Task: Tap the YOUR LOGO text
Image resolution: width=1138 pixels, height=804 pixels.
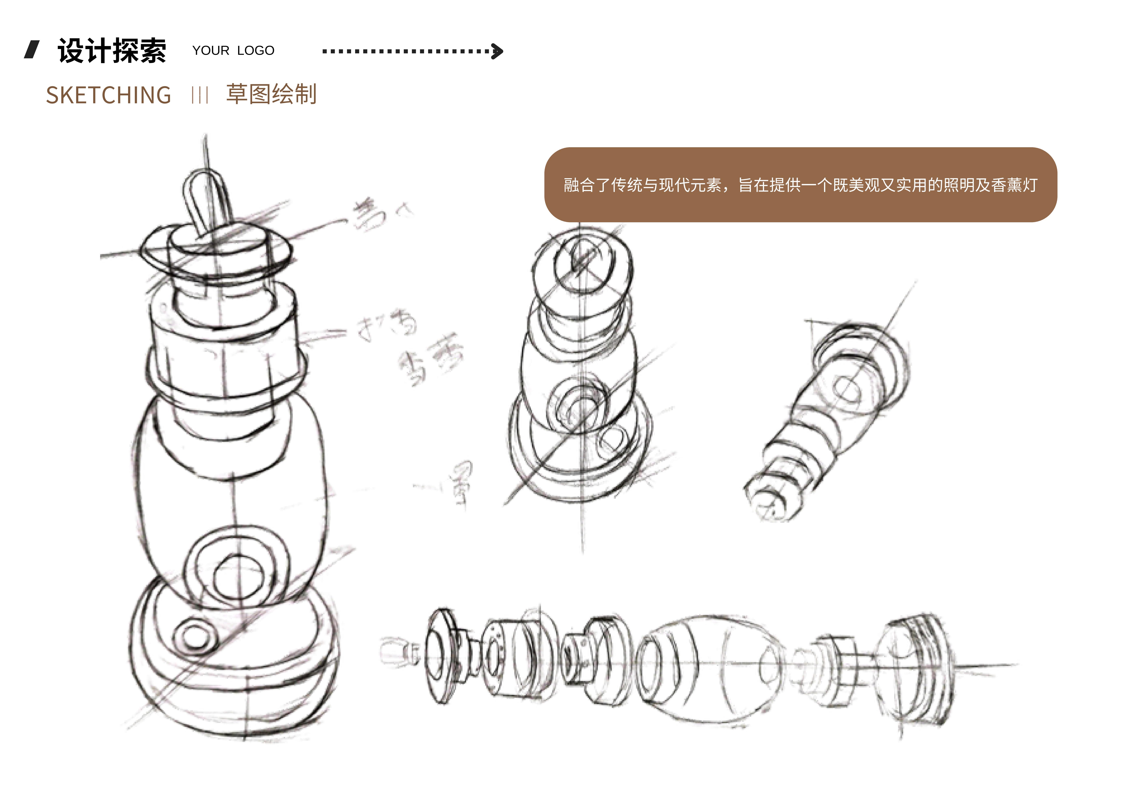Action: pyautogui.click(x=233, y=51)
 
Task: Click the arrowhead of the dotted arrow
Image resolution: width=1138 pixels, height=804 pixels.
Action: pyautogui.click(x=497, y=51)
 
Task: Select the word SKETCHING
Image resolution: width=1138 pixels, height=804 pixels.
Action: pyautogui.click(x=109, y=95)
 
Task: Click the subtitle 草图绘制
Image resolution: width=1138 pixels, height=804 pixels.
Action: pyautogui.click(x=271, y=94)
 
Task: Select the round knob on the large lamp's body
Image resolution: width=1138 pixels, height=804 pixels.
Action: pyautogui.click(x=237, y=575)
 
